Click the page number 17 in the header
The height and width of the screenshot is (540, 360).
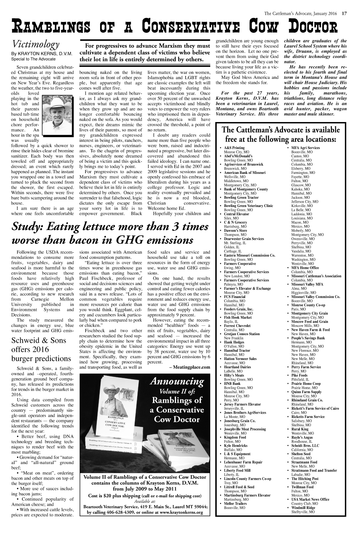point(344,14)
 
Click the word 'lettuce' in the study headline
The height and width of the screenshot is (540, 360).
point(90,227)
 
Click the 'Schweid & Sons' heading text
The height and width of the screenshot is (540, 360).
point(39,341)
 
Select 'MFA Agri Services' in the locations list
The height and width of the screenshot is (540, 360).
point(305,148)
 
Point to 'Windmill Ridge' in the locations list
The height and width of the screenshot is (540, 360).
point(303,508)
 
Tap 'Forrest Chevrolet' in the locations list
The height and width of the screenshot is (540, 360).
point(237,326)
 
